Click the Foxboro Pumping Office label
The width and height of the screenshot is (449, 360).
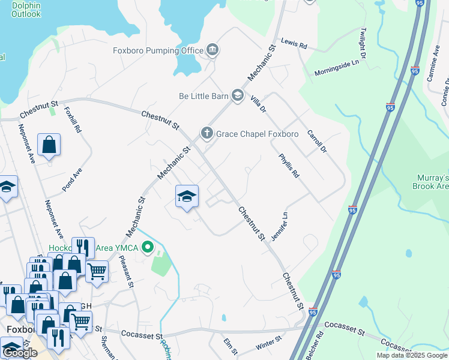coord(158,50)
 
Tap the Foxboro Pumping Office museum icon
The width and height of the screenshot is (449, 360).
coord(212,50)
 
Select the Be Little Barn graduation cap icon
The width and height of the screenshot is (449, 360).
coord(238,95)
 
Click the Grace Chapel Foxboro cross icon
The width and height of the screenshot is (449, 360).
coord(207,133)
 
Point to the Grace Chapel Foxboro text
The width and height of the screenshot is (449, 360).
coord(257,134)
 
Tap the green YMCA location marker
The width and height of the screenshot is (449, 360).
coord(148,248)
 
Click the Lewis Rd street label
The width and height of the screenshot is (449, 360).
coord(294,45)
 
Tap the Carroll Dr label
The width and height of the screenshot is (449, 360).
coord(316,141)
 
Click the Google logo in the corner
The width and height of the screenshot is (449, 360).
coord(19,353)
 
